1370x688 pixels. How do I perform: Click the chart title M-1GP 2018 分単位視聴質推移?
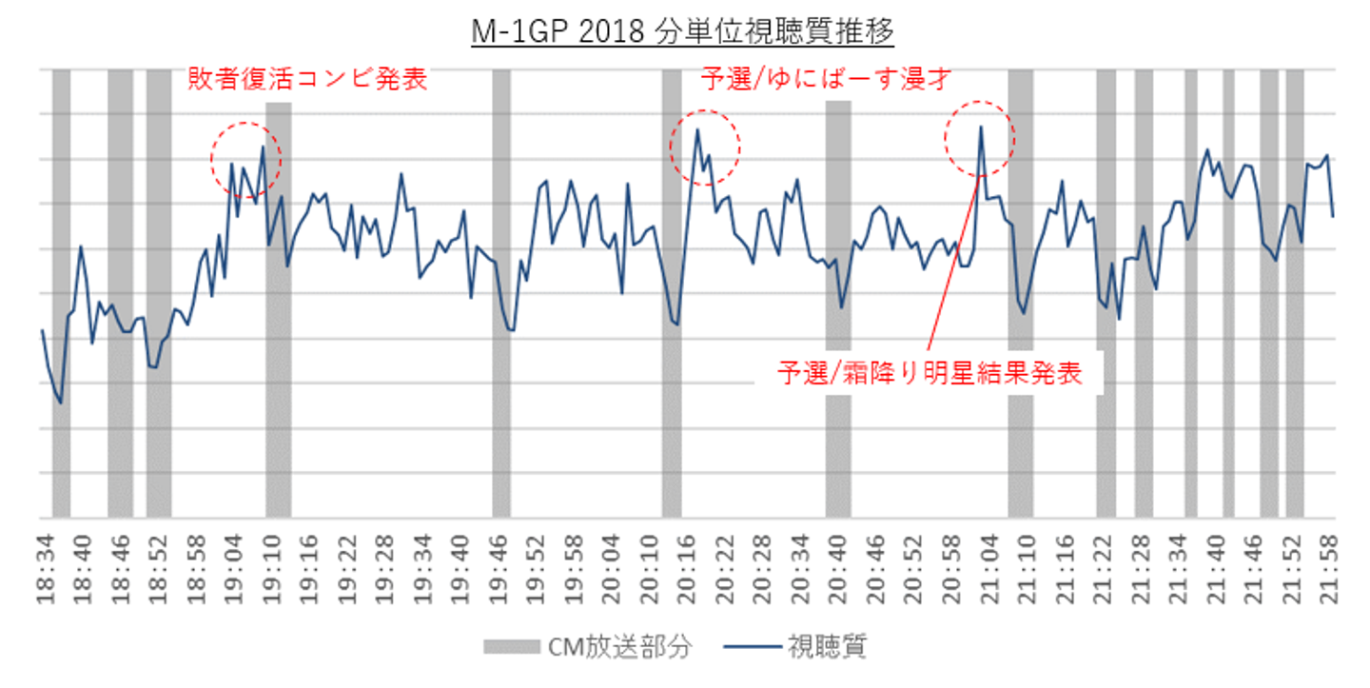point(683,32)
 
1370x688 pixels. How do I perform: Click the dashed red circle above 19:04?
point(245,157)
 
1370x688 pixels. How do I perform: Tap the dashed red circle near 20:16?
point(705,146)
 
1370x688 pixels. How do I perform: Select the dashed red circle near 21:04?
point(979,140)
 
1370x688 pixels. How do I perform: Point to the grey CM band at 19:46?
point(500,381)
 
